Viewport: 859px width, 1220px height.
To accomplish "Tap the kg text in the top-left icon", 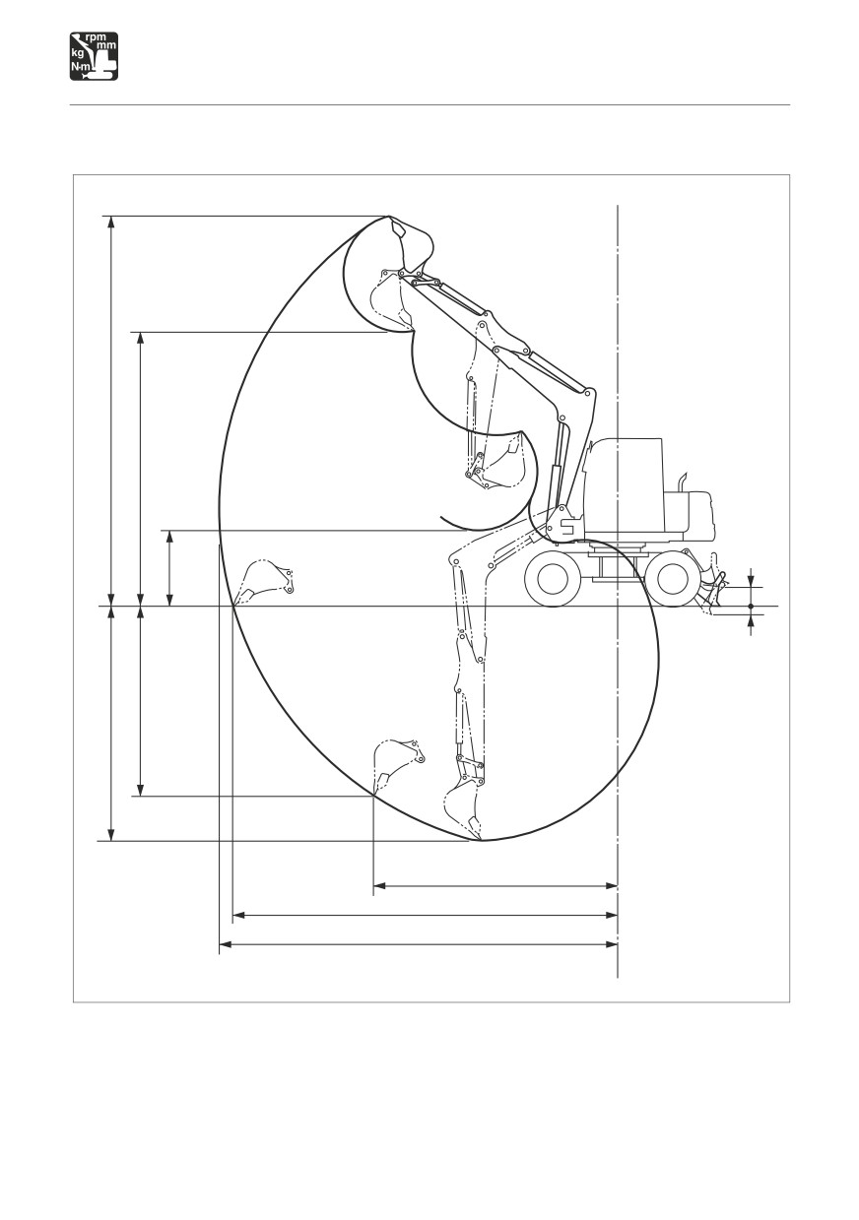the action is [78, 53].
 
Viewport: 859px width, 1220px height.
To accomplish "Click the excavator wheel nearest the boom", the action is [553, 578].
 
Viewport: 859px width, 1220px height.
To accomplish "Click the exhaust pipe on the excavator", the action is [682, 482].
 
